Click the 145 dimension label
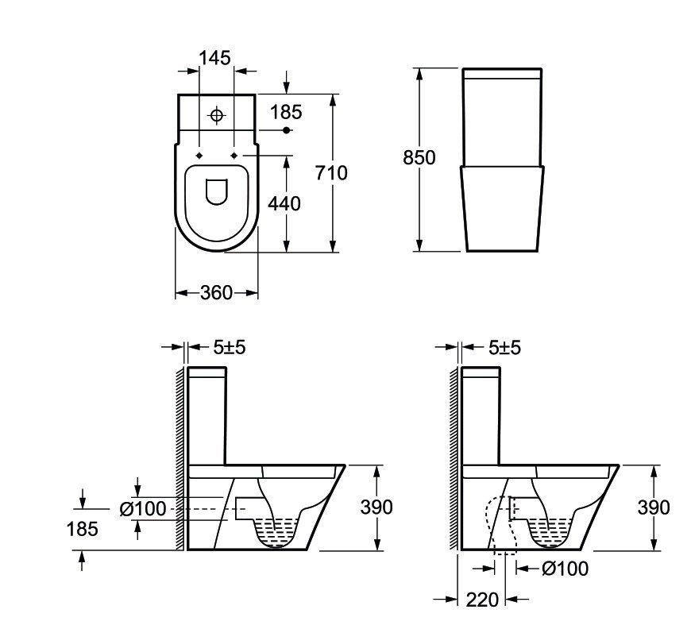(215, 58)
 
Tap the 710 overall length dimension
(331, 173)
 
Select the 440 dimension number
(284, 203)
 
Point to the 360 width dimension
(216, 293)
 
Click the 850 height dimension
(419, 157)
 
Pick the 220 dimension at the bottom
(483, 600)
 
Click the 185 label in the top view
(286, 112)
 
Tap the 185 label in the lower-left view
(83, 528)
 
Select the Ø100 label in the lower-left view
(143, 509)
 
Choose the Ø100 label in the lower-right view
(565, 569)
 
